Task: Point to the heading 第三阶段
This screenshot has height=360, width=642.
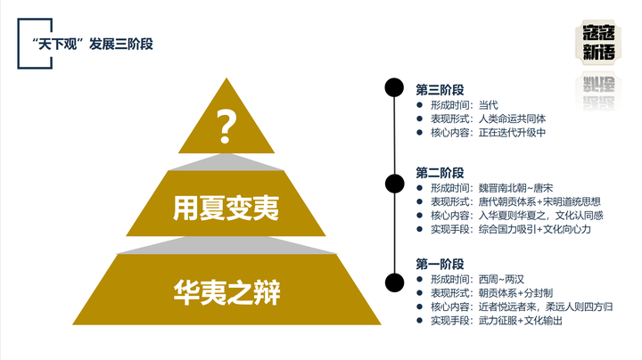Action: (x=440, y=89)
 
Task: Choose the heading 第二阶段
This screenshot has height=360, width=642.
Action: (x=440, y=172)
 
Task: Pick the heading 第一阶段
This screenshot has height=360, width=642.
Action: (x=440, y=264)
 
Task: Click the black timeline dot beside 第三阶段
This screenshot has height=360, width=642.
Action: (x=392, y=87)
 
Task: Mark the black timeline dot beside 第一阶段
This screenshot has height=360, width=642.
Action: (x=392, y=282)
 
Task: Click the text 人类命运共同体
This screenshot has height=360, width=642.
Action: (x=513, y=119)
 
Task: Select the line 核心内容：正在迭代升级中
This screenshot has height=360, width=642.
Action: (x=487, y=133)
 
